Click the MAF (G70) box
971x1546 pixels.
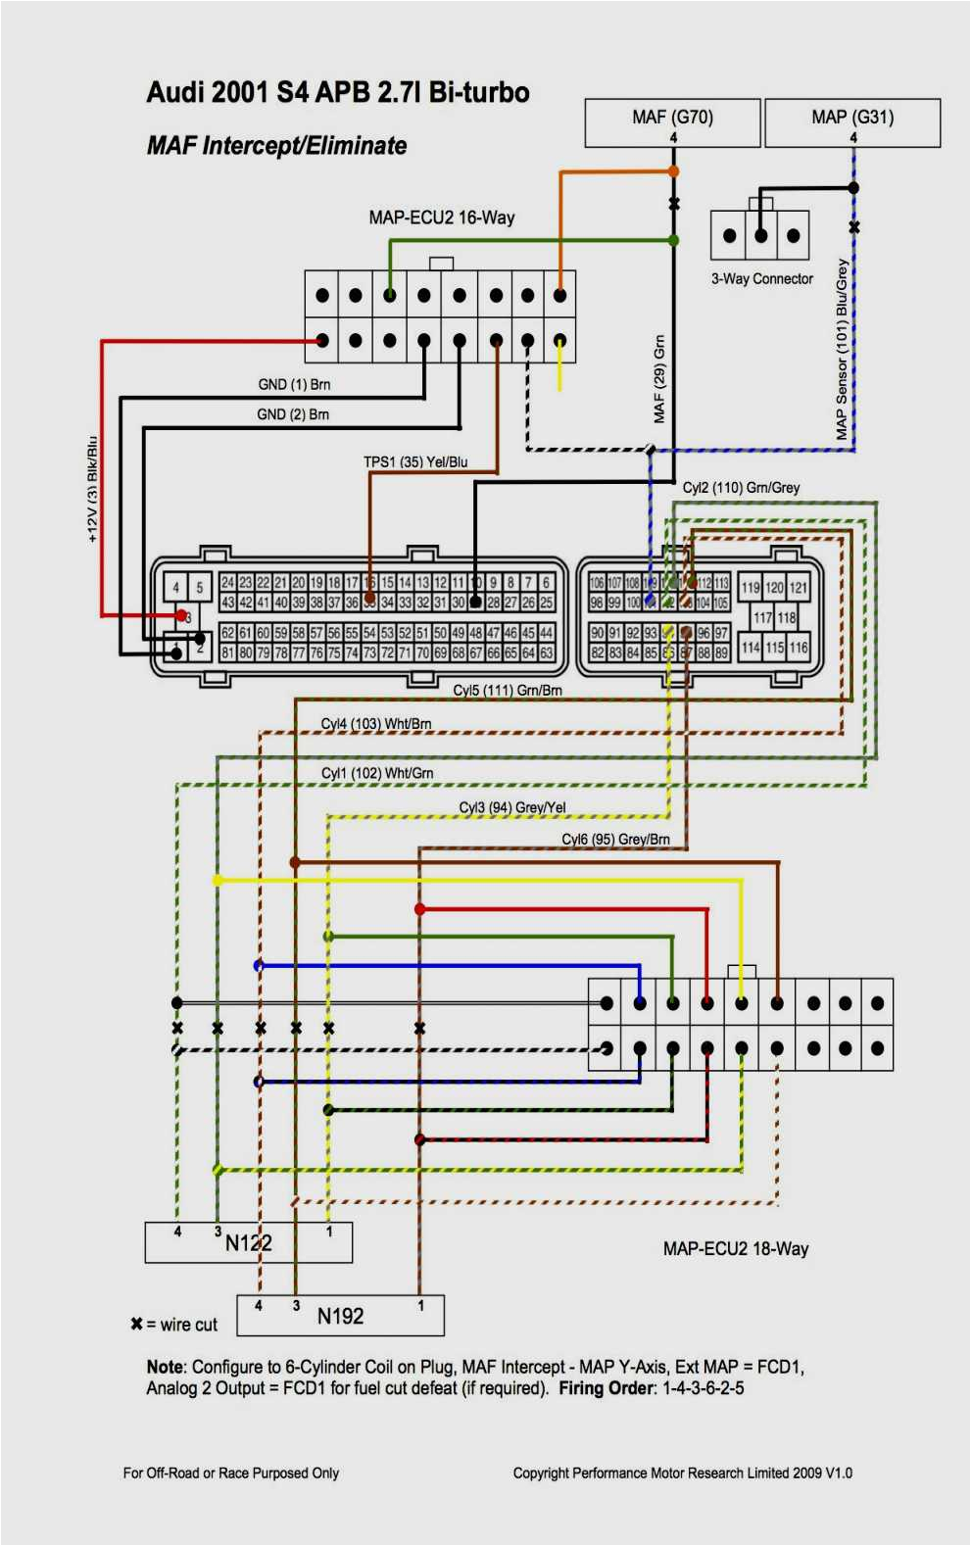[672, 121]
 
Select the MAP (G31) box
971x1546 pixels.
[852, 121]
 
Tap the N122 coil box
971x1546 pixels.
[248, 1242]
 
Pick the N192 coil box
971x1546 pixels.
[340, 1316]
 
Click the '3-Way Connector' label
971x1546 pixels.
[762, 279]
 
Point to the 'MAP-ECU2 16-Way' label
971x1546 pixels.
[441, 217]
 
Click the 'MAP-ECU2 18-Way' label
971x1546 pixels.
[736, 1249]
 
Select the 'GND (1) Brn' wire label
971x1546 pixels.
[294, 385]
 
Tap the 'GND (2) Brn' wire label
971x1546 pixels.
[293, 415]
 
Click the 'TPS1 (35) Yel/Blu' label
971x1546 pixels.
[415, 462]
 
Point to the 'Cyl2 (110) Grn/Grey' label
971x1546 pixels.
[741, 488]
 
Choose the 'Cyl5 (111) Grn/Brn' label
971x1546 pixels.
[508, 691]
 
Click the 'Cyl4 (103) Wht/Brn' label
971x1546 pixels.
[376, 724]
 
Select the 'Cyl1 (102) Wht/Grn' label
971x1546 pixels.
[377, 773]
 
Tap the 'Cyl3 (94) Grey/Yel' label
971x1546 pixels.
[512, 807]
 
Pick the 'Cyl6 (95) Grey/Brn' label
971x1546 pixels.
[615, 840]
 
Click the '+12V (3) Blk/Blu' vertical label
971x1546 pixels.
[93, 489]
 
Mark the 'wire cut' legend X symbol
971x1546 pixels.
[136, 1325]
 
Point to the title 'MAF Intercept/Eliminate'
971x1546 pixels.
[276, 146]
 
